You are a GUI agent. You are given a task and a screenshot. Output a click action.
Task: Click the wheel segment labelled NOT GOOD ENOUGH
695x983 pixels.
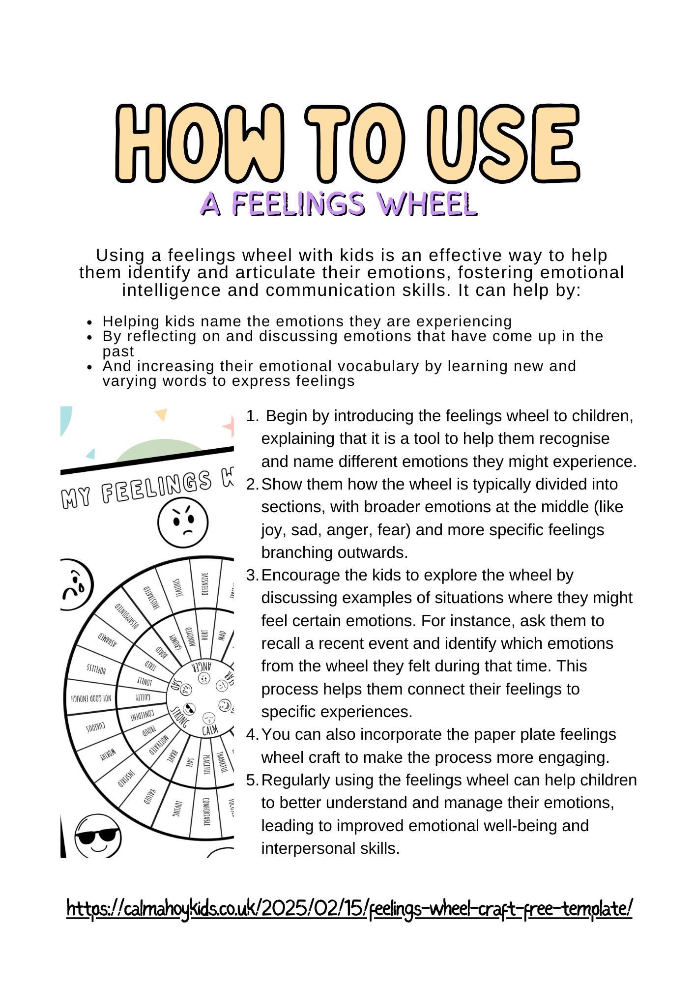[91, 698]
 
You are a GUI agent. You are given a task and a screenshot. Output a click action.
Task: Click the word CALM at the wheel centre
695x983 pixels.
[210, 730]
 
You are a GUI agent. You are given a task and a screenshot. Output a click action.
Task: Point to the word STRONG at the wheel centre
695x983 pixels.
[179, 718]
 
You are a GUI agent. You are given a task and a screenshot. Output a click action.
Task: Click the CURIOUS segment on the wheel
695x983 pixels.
[95, 728]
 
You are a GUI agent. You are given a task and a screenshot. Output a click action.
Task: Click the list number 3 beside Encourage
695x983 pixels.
[252, 575]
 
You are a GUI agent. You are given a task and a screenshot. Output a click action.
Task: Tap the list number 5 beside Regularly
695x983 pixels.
[252, 780]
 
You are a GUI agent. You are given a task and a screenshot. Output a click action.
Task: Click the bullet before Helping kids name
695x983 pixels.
[89, 322]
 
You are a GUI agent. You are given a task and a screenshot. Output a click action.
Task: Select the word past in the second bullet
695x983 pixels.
[118, 352]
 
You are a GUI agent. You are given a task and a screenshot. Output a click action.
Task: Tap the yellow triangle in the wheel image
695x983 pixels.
[161, 414]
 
